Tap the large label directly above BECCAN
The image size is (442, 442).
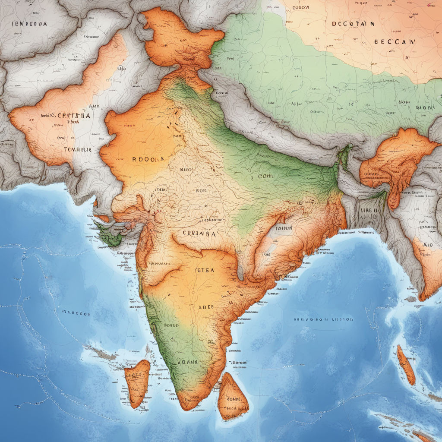[x=353, y=24]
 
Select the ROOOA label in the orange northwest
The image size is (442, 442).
[x=148, y=159]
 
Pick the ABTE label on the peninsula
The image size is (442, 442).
[x=206, y=308]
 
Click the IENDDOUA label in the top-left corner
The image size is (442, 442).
[x=29, y=24]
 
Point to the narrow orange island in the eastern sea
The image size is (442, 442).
[x=406, y=365]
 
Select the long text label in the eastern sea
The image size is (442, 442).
[x=323, y=320]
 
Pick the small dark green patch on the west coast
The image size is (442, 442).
[x=108, y=235]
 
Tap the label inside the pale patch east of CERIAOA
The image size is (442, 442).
[x=284, y=228]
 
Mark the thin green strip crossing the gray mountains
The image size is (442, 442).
[x=344, y=157]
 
